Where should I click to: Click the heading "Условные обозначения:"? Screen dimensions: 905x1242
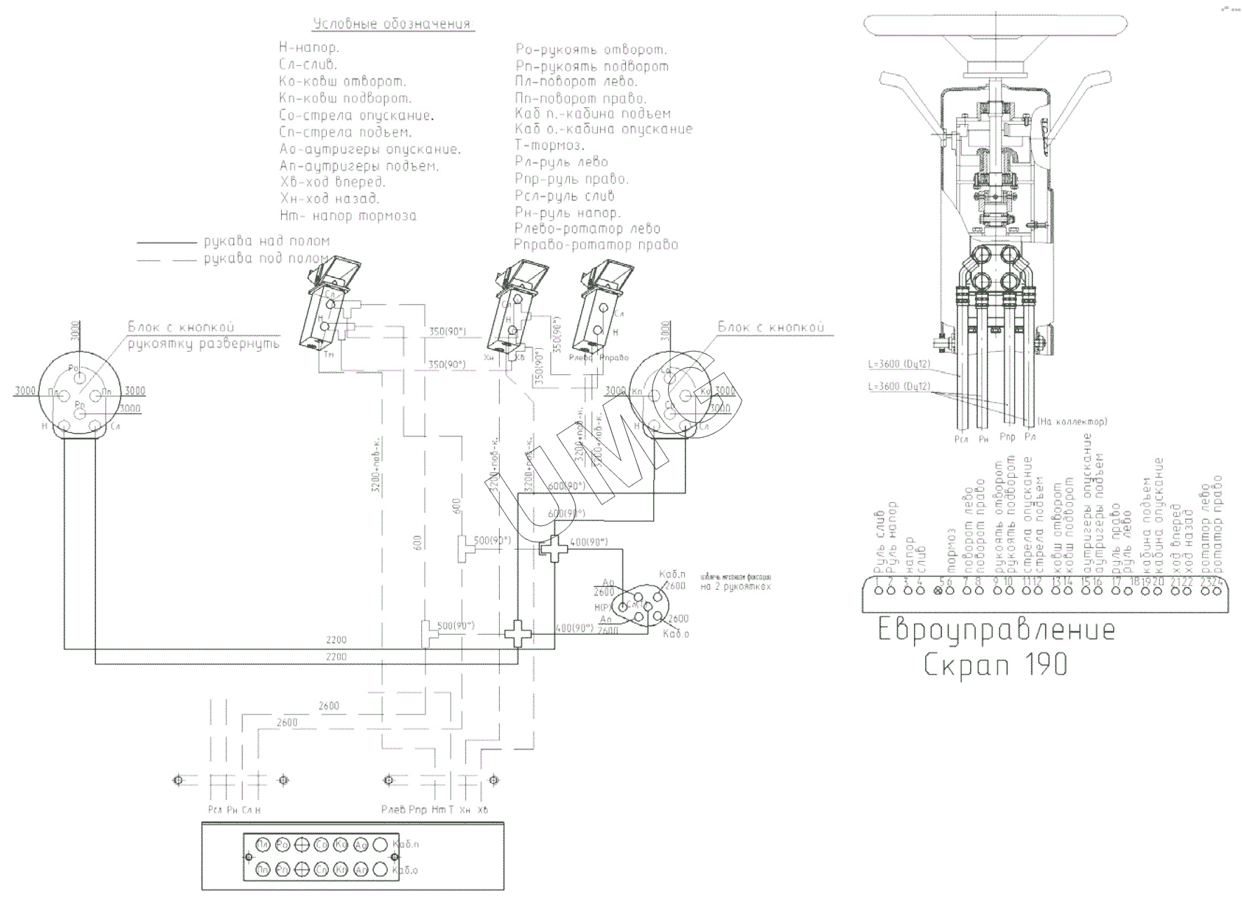point(393,25)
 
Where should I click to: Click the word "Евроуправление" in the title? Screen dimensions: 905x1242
point(996,631)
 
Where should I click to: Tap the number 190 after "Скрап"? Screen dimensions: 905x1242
point(1044,664)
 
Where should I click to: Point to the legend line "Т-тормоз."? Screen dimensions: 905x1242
point(550,146)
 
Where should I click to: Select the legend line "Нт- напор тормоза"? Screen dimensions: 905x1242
point(348,216)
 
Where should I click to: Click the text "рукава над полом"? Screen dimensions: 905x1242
point(266,242)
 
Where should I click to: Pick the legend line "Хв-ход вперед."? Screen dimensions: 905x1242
point(332,182)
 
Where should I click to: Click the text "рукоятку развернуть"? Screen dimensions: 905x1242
point(203,344)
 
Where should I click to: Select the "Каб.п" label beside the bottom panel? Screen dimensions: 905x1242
point(407,844)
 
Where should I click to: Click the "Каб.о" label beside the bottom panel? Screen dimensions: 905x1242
point(407,871)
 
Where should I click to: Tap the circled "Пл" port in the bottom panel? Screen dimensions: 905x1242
point(264,844)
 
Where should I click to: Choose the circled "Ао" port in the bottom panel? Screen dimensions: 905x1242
point(362,844)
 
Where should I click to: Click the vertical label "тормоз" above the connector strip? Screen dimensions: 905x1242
point(951,553)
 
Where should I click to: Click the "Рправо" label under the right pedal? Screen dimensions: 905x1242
point(615,358)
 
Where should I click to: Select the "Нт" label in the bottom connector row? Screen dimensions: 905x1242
point(439,810)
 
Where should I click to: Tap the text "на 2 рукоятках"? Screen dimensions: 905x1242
point(735,586)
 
